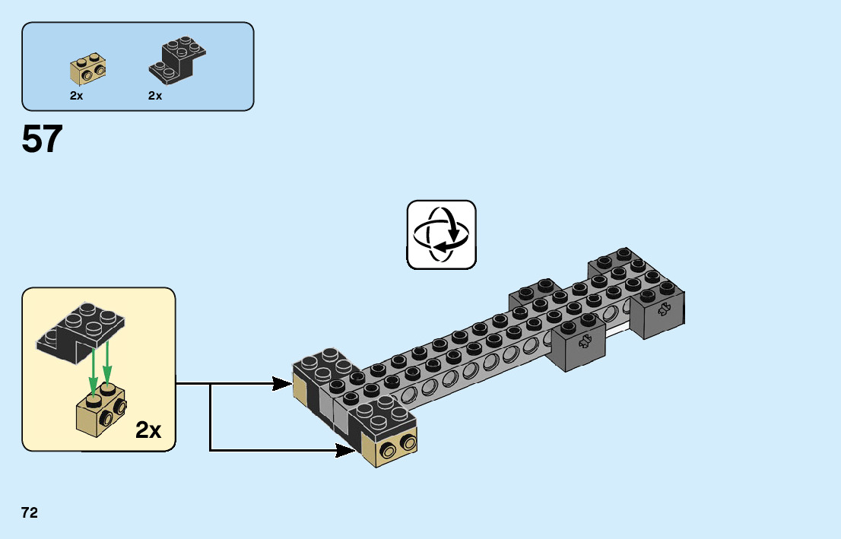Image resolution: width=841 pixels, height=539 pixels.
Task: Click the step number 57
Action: [x=43, y=139]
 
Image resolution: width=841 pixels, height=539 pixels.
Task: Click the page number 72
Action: [x=30, y=513]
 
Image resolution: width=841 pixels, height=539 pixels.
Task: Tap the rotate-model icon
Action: [x=442, y=234]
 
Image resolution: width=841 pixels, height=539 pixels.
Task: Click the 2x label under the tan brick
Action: [x=76, y=97]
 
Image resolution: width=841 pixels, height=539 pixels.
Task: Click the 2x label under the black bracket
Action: [x=155, y=97]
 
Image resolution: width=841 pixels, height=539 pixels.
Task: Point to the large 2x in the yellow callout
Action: [x=148, y=430]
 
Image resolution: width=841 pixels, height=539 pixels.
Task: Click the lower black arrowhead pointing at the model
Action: [x=348, y=451]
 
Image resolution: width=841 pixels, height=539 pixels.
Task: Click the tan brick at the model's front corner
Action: [x=389, y=450]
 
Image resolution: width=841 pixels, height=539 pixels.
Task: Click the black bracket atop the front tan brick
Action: [x=382, y=417]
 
